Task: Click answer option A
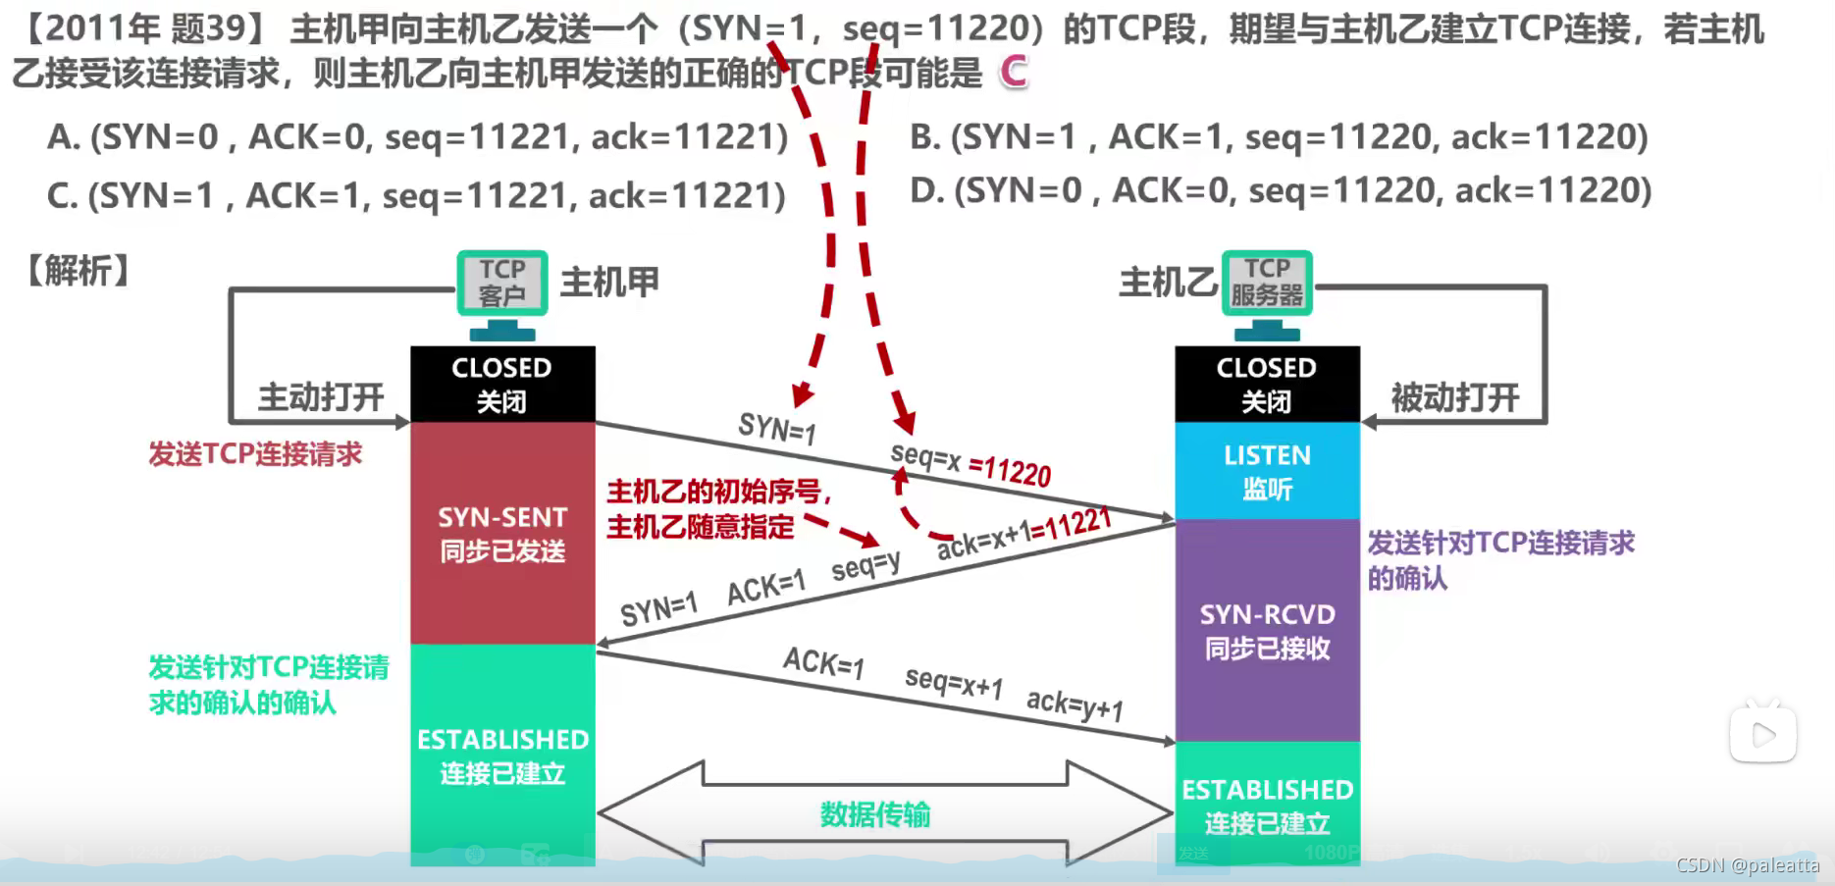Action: pyautogui.click(x=417, y=137)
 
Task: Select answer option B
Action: pyautogui.click(x=1279, y=137)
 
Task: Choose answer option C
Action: pyautogui.click(x=416, y=196)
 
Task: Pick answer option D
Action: pyautogui.click(x=1281, y=190)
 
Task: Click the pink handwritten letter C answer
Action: pyautogui.click(x=1014, y=72)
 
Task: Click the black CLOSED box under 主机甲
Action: pyautogui.click(x=502, y=384)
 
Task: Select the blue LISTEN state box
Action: pyautogui.click(x=1267, y=471)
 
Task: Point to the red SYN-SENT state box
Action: pyautogui.click(x=502, y=533)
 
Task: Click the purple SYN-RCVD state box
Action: pyautogui.click(x=1267, y=630)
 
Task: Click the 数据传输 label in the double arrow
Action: pyautogui.click(x=875, y=814)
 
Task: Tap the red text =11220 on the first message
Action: pyautogui.click(x=1010, y=471)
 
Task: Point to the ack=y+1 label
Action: pyautogui.click(x=1075, y=704)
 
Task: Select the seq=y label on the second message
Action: pyautogui.click(x=865, y=566)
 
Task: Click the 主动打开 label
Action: pyautogui.click(x=321, y=397)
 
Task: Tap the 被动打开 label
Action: pyautogui.click(x=1454, y=397)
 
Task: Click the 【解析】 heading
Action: pyautogui.click(x=79, y=271)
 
